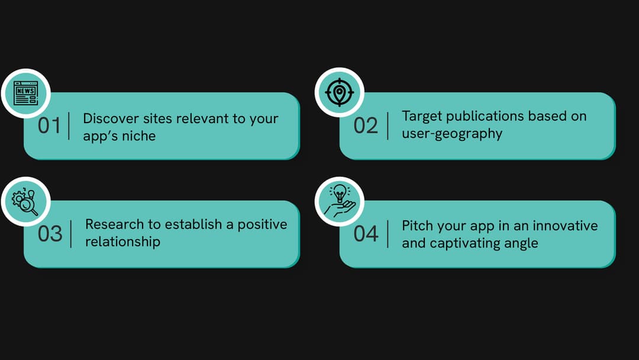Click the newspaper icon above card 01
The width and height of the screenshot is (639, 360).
tap(25, 93)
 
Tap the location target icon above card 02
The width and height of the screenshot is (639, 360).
tap(338, 92)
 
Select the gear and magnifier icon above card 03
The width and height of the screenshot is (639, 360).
tap(25, 201)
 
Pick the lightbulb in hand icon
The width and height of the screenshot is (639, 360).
tap(338, 201)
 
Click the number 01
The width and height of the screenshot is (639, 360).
tap(50, 126)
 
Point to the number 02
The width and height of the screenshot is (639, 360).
tap(366, 126)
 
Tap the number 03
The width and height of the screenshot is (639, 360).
tap(50, 234)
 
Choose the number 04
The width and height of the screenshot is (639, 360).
tap(366, 234)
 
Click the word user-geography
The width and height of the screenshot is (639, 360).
tap(452, 133)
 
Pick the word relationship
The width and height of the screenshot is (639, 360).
tap(122, 242)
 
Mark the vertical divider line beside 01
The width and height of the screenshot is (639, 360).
tap(70, 126)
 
